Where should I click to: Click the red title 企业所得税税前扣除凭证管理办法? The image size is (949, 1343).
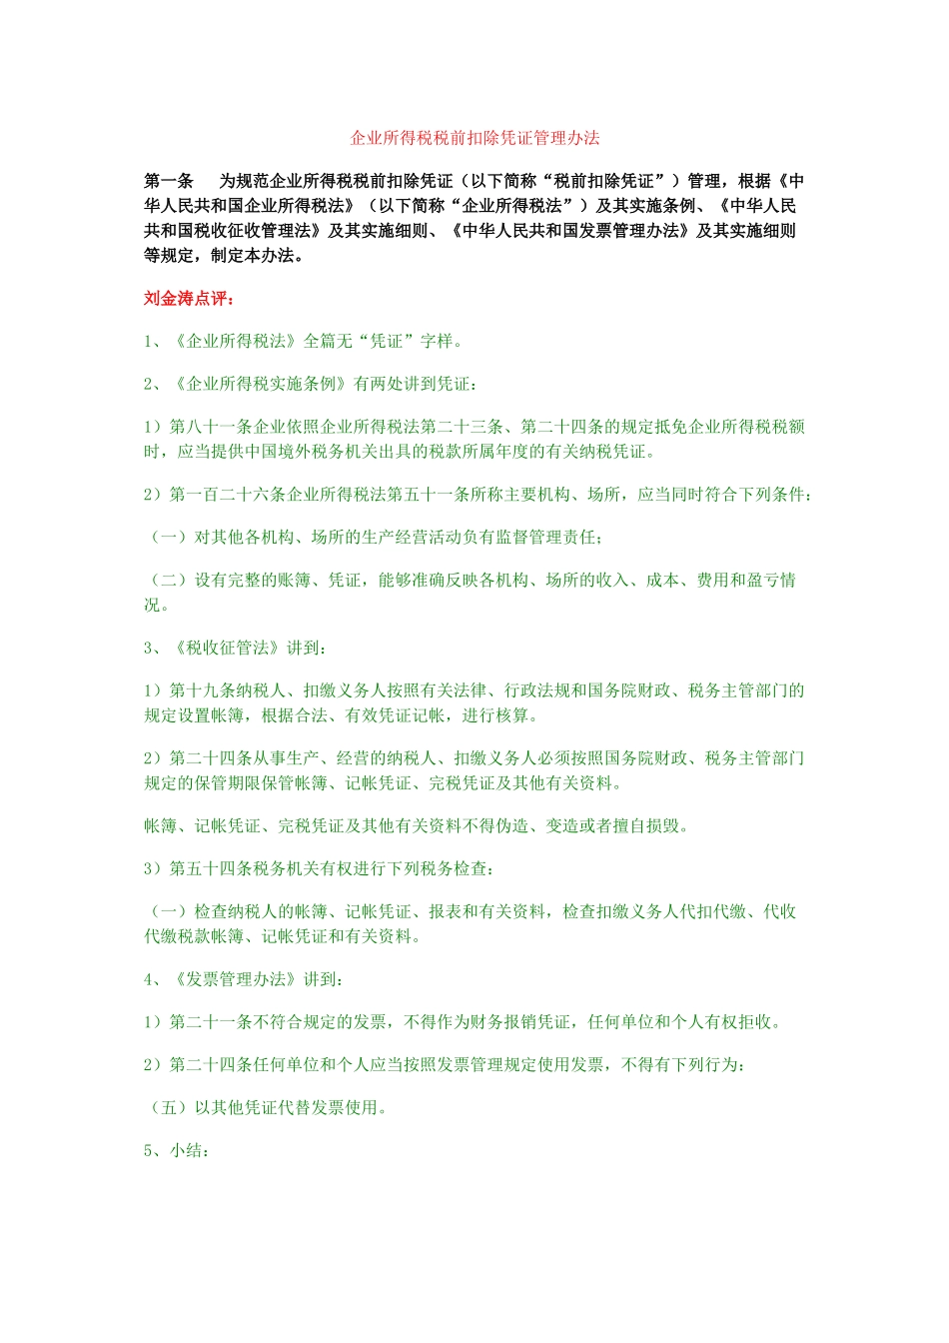point(474,138)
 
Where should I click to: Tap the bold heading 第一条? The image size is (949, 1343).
point(169,181)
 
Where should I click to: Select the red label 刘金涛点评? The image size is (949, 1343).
point(187,299)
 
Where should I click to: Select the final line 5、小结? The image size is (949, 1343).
point(176,1151)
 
